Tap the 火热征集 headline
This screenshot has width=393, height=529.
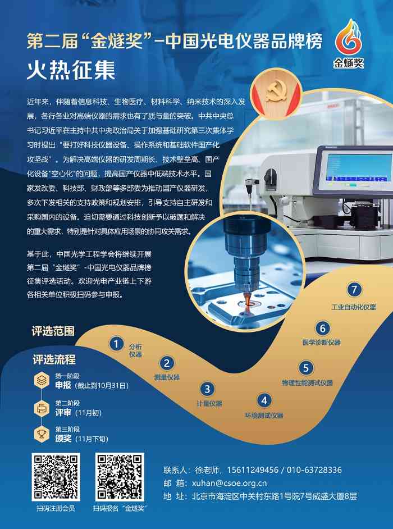(x=71, y=71)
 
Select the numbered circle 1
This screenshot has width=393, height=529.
(x=116, y=344)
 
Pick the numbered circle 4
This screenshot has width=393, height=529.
(x=263, y=400)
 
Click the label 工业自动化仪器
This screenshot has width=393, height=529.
(x=353, y=307)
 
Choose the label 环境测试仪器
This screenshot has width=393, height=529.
(x=263, y=416)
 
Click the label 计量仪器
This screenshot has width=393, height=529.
(x=209, y=403)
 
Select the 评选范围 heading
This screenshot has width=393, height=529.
(x=53, y=331)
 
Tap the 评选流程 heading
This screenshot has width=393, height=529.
(x=54, y=359)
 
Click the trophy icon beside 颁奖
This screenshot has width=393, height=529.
(x=42, y=434)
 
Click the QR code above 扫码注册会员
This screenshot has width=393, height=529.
(x=55, y=477)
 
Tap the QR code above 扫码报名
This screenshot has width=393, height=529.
(x=119, y=477)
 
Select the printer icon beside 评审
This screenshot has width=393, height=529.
(x=42, y=407)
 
